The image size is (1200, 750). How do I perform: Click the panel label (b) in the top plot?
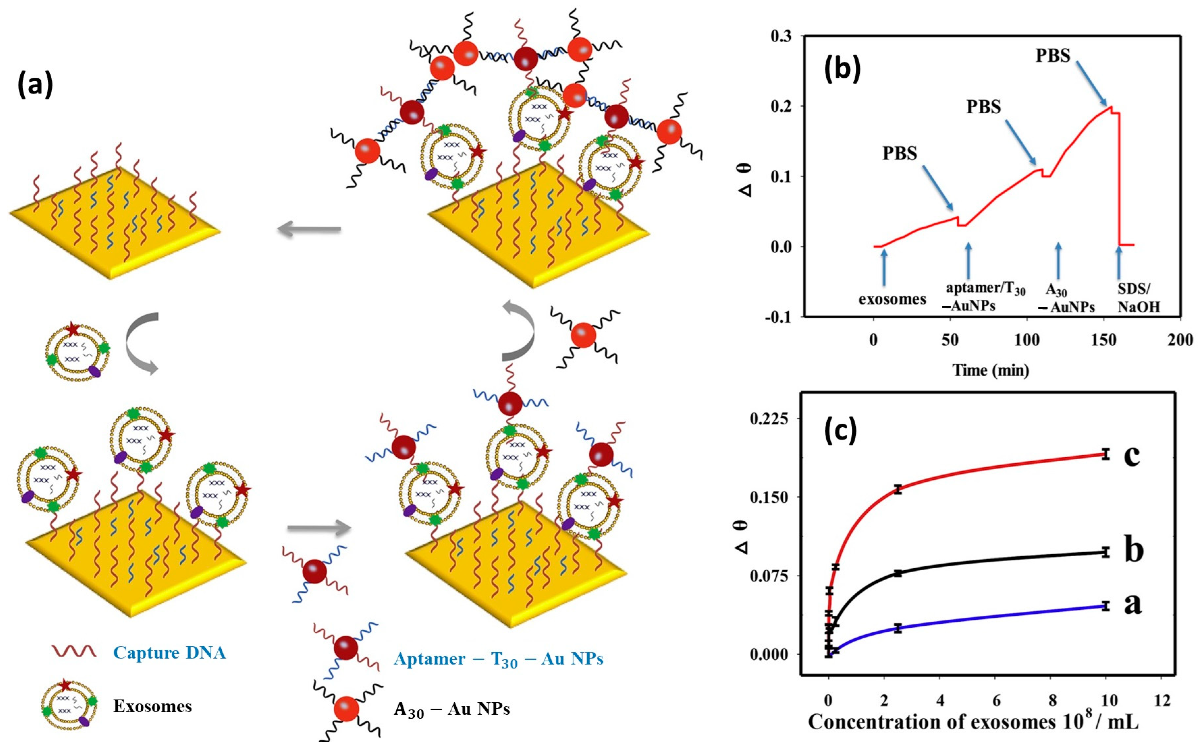842,69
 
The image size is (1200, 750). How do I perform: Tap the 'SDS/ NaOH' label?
1138,298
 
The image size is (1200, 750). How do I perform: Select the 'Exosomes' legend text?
152,706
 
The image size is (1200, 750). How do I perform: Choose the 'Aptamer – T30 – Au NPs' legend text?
498,659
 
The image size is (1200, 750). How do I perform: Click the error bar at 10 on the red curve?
1105,454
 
